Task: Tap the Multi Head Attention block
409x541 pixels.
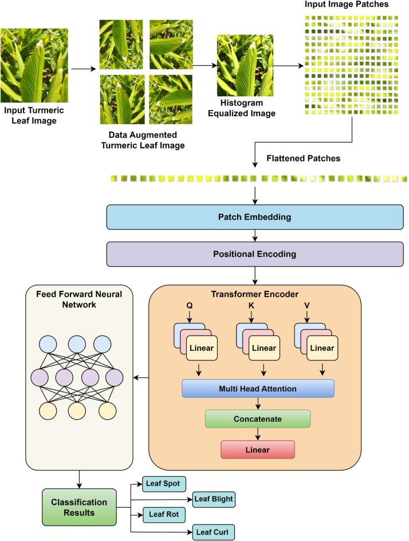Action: point(258,389)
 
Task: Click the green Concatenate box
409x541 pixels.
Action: point(258,418)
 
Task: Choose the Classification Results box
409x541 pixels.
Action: point(80,507)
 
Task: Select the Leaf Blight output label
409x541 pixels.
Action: point(213,499)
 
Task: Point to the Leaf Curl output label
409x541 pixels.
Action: point(213,531)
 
